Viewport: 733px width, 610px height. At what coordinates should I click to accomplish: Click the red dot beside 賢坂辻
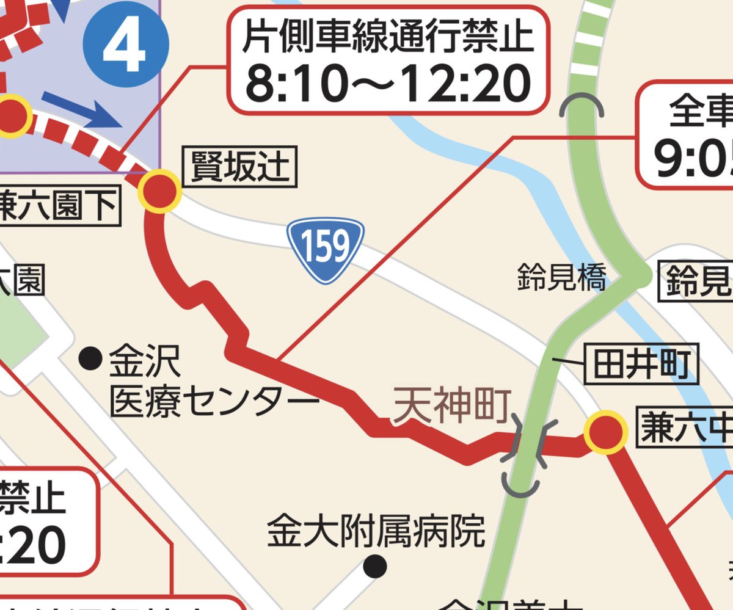(x=159, y=191)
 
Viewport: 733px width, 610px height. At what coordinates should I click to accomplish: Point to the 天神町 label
(x=451, y=408)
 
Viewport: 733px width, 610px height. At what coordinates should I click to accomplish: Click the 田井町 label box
(x=641, y=366)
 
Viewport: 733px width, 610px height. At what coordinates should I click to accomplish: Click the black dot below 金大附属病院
(x=374, y=567)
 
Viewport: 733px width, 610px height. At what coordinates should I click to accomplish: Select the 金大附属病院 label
(x=376, y=532)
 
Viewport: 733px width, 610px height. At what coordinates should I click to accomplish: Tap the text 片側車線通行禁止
(x=388, y=38)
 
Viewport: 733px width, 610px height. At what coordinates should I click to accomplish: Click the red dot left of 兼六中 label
(x=605, y=432)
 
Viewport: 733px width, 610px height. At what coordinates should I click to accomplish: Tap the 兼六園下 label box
(x=58, y=208)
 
